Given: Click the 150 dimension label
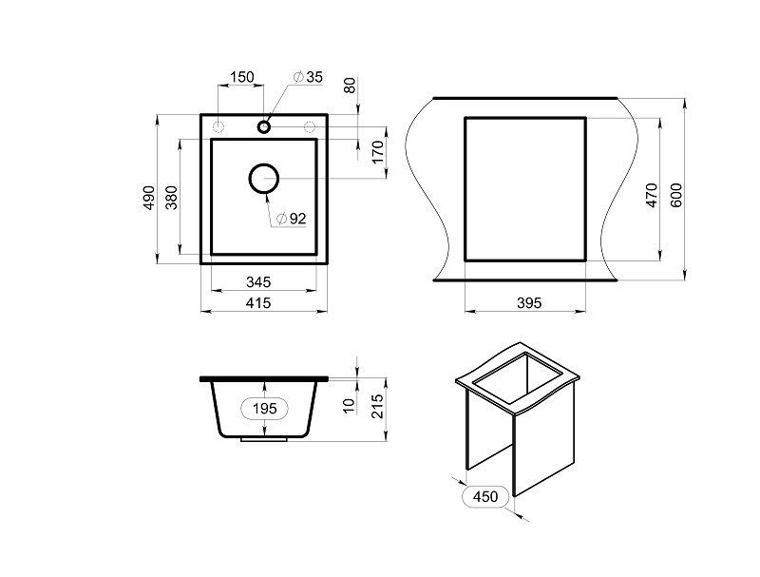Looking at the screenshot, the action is click(241, 77).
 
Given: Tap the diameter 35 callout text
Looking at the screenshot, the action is click(308, 77).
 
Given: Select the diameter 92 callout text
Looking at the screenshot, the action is click(292, 219).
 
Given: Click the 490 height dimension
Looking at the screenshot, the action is click(149, 198).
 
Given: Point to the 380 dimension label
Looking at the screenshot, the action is click(172, 198).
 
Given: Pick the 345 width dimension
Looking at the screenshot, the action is click(258, 281).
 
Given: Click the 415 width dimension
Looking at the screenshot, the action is click(258, 303).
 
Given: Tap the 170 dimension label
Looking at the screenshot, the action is click(378, 152).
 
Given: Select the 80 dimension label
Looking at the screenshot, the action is click(350, 86).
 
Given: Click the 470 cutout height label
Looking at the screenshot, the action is click(652, 196).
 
